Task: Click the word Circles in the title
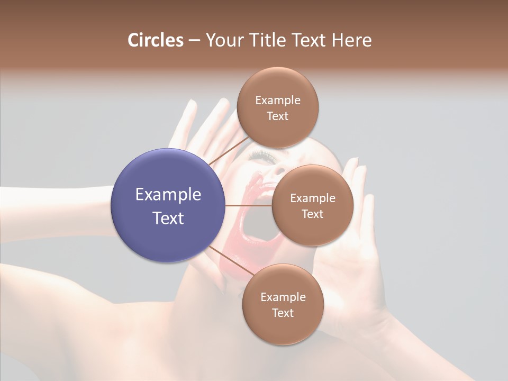pos(155,40)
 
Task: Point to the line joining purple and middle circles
pos(249,205)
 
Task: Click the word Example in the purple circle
pos(168,195)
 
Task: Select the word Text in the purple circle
pos(168,218)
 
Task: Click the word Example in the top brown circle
pos(277,101)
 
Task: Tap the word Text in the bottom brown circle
pos(283,313)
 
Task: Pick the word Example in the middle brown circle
pos(312,198)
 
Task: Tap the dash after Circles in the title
pos(194,41)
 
